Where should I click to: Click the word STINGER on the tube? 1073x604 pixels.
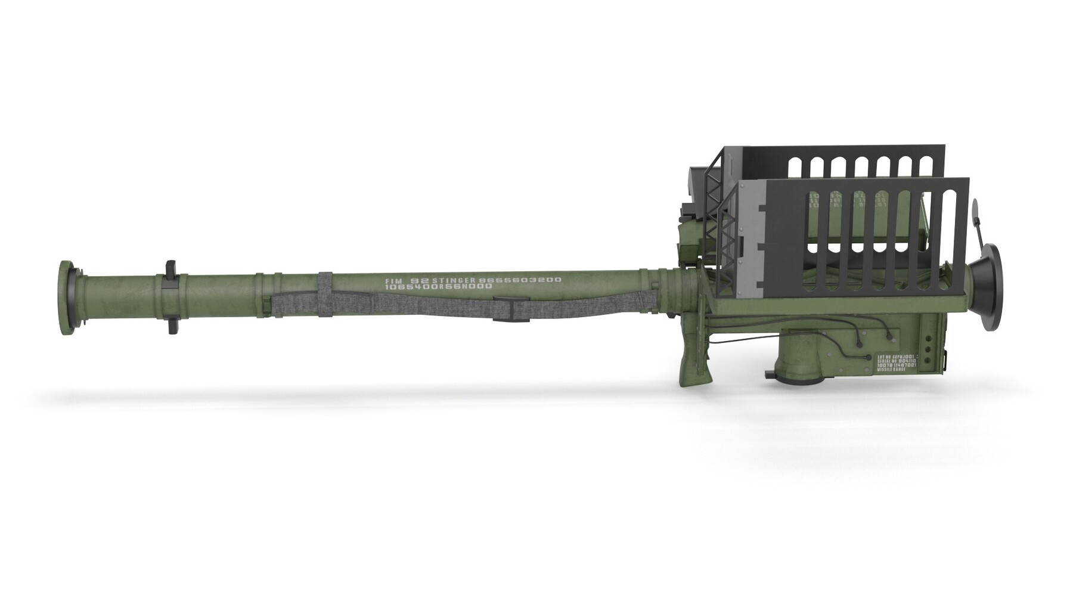click(454, 280)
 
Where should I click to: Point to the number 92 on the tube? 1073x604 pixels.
click(420, 280)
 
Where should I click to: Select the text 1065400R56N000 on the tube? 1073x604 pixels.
click(438, 287)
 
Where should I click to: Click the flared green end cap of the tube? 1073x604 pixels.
click(67, 298)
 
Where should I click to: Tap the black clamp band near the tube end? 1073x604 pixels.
click(171, 297)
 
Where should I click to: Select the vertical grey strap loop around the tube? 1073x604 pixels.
click(325, 295)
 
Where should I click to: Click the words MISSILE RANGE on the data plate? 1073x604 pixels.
click(891, 370)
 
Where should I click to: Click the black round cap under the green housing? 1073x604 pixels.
click(772, 375)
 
